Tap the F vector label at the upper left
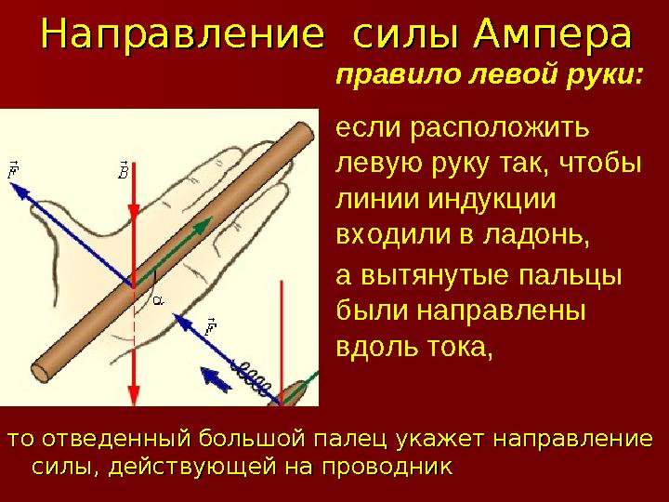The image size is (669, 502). pyautogui.click(x=14, y=170)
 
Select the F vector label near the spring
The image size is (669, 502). pyautogui.click(x=210, y=325)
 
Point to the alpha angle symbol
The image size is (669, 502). pyautogui.click(x=158, y=299)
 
